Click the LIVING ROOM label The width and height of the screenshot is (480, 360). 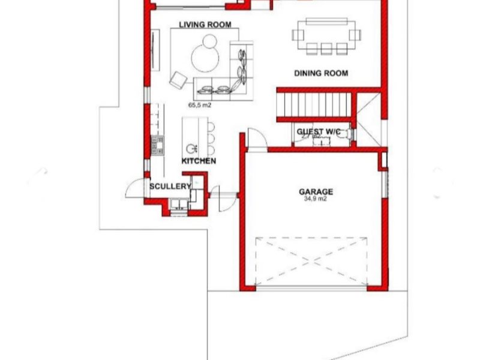205,25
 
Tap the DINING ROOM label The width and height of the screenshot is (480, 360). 321,73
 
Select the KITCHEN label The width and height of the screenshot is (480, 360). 199,161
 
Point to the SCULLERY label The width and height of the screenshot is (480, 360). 170,186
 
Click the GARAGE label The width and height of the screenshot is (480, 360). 316,191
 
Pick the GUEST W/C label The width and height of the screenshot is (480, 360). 319,131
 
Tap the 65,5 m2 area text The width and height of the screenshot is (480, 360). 200,106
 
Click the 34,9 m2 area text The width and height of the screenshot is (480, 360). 316,199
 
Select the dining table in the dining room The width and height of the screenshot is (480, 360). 326,35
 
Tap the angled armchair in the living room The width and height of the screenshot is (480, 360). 178,80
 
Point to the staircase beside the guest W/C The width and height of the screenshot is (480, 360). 314,104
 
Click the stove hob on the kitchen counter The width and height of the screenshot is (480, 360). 158,146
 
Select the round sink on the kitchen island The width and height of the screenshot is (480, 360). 191,148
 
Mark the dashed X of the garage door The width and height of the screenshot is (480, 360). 311,261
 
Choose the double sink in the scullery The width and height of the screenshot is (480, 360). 179,203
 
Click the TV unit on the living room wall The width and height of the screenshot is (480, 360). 155,50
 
